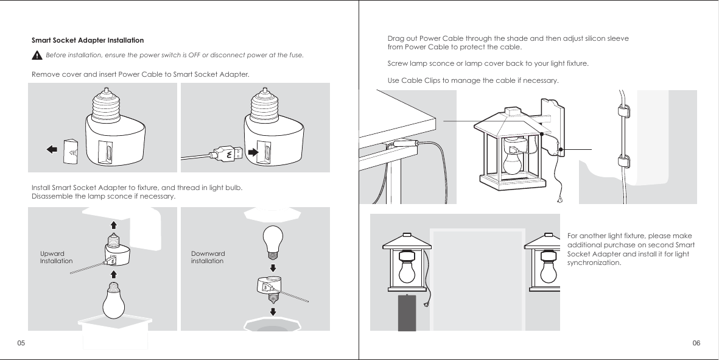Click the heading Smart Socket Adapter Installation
87,40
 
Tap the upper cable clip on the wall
623,111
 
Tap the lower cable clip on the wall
623,162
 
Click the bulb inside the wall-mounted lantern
513,161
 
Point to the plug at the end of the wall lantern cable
559,199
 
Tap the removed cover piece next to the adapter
71,147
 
